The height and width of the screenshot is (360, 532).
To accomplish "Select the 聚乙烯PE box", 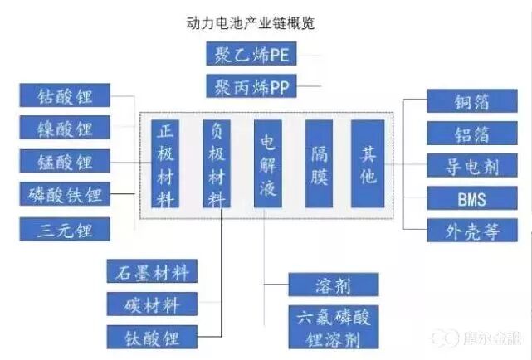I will (x=251, y=55).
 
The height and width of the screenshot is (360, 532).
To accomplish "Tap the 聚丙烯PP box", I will (x=251, y=86).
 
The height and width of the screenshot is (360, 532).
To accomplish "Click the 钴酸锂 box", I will (x=65, y=96).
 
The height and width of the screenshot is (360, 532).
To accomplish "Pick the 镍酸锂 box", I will (x=65, y=129).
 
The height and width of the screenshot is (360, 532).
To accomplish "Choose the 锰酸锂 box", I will (x=65, y=161).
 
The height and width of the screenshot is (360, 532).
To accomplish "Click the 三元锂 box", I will (x=65, y=228).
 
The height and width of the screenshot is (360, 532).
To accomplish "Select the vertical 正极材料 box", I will (x=167, y=163).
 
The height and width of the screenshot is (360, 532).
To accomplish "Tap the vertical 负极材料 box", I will (x=219, y=163).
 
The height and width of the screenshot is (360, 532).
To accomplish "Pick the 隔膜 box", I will (x=320, y=163).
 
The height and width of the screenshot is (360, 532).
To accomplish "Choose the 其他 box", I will (x=368, y=163).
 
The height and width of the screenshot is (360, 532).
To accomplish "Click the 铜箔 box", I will (x=471, y=101).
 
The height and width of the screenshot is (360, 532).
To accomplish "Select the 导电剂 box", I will (x=471, y=165).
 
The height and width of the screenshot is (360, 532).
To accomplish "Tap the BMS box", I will (x=471, y=198).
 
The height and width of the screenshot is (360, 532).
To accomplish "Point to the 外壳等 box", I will (x=471, y=230).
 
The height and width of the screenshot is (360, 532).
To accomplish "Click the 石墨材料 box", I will (x=154, y=271).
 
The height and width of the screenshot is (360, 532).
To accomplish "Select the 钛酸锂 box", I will (x=154, y=337).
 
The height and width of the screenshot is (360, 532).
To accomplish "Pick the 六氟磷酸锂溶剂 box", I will (x=334, y=328).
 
